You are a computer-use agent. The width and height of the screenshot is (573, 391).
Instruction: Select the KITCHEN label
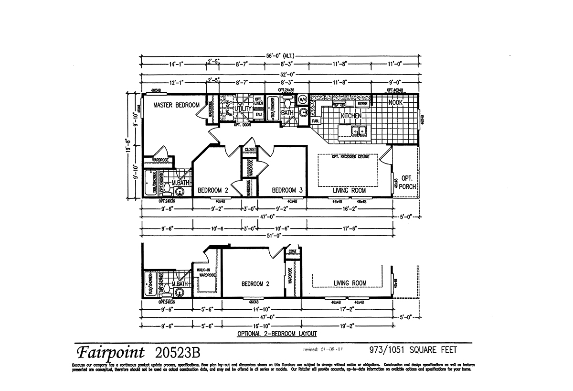pyautogui.click(x=350, y=116)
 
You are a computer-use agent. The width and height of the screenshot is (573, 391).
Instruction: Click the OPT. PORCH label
pyautogui.click(x=408, y=183)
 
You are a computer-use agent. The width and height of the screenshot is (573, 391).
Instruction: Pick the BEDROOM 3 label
pyautogui.click(x=287, y=190)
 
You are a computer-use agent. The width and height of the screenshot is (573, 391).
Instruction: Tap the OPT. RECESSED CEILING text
pyautogui.click(x=348, y=157)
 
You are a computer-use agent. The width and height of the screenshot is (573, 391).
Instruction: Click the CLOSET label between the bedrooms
pyautogui.click(x=250, y=150)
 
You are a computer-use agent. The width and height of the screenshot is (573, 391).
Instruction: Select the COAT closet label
pyautogui.click(x=292, y=251)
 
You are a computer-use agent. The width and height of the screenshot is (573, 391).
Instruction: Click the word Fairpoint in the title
pyautogui.click(x=110, y=353)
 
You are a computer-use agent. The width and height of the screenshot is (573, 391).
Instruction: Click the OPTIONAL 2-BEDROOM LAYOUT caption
pyautogui.click(x=277, y=334)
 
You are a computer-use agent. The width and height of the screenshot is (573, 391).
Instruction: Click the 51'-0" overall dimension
pyautogui.click(x=275, y=235)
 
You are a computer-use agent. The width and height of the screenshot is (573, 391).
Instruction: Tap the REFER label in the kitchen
pyautogui.click(x=362, y=103)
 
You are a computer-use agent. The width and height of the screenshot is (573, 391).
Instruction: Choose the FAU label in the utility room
pyautogui.click(x=258, y=115)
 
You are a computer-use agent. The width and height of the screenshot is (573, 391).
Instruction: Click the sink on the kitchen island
pyautogui.click(x=358, y=130)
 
